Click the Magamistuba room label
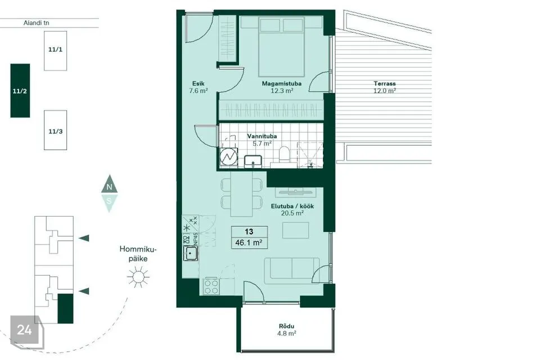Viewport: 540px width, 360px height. (x=281, y=83)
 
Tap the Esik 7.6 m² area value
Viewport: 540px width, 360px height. (x=199, y=91)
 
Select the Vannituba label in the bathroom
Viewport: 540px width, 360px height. (x=262, y=136)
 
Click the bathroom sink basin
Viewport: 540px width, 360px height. (x=253, y=161)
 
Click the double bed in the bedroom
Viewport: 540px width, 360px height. (x=281, y=46)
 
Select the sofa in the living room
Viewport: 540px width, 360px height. (x=292, y=271)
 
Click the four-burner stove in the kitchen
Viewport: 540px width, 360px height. (x=211, y=286)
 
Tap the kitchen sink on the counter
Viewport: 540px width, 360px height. (x=190, y=254)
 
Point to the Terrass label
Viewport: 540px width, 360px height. (x=385, y=83)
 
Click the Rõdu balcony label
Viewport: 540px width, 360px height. (x=286, y=326)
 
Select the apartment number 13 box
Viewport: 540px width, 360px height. (x=249, y=232)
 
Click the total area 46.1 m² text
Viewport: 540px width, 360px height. (x=249, y=242)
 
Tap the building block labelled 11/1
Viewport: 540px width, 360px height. (x=56, y=51)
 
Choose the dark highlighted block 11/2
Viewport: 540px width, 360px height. (x=20, y=91)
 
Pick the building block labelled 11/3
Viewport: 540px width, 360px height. (x=56, y=130)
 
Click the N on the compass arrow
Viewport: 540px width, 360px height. (x=110, y=187)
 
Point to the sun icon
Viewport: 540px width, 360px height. (x=138, y=277)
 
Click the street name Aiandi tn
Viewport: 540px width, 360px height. (x=36, y=22)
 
